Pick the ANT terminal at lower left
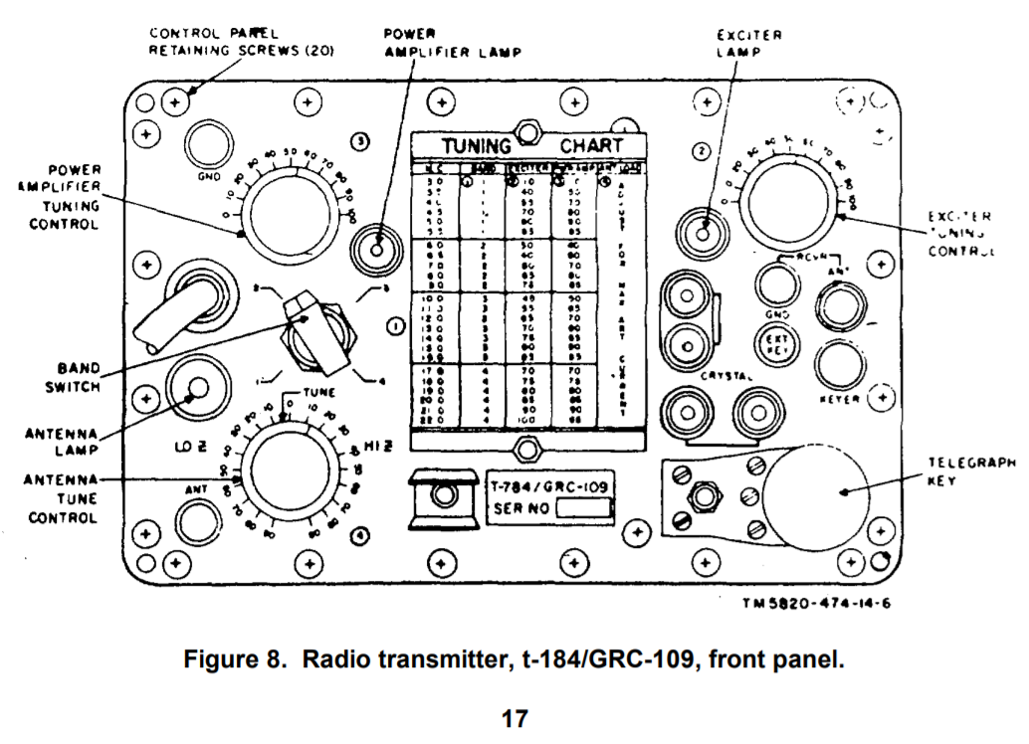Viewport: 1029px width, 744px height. [x=195, y=518]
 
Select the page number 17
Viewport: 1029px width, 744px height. [x=514, y=718]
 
